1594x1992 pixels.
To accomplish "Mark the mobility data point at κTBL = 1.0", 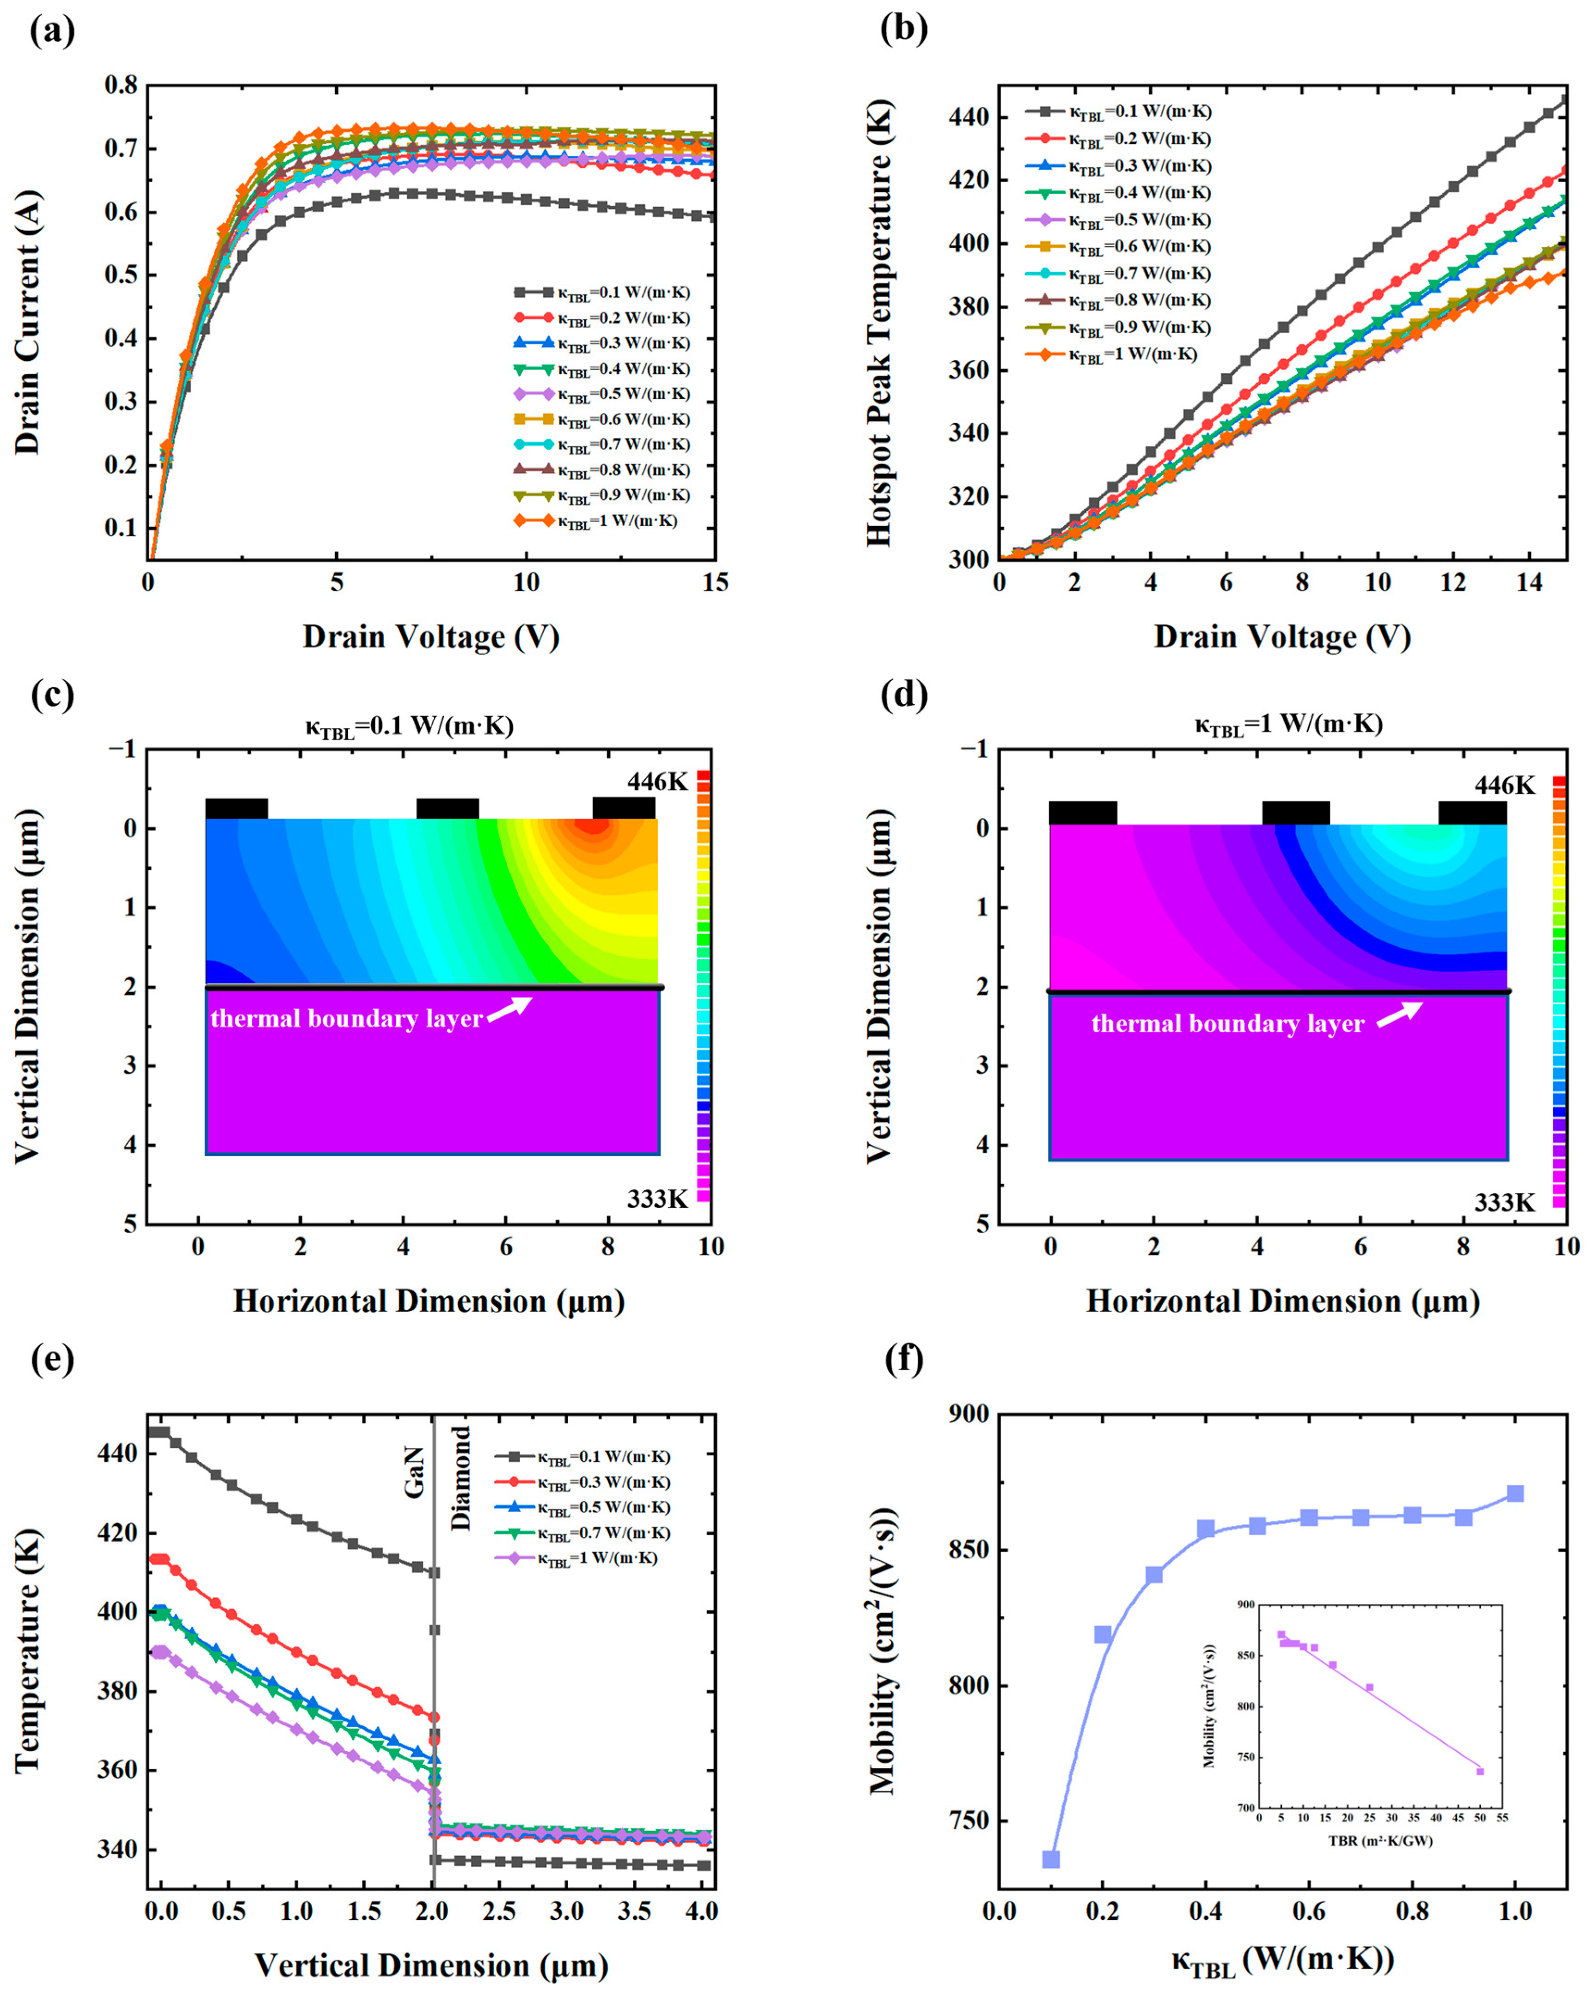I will pos(1514,1494).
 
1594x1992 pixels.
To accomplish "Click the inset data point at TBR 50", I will pos(1479,1772).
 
